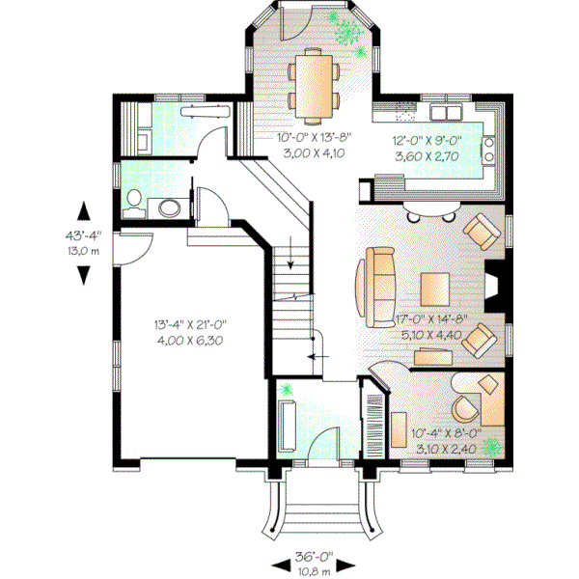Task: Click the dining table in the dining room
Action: point(315,80)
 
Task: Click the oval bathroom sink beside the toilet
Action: point(168,207)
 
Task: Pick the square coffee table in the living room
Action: point(434,288)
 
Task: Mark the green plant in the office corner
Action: point(493,447)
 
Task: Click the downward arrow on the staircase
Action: point(289,257)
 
